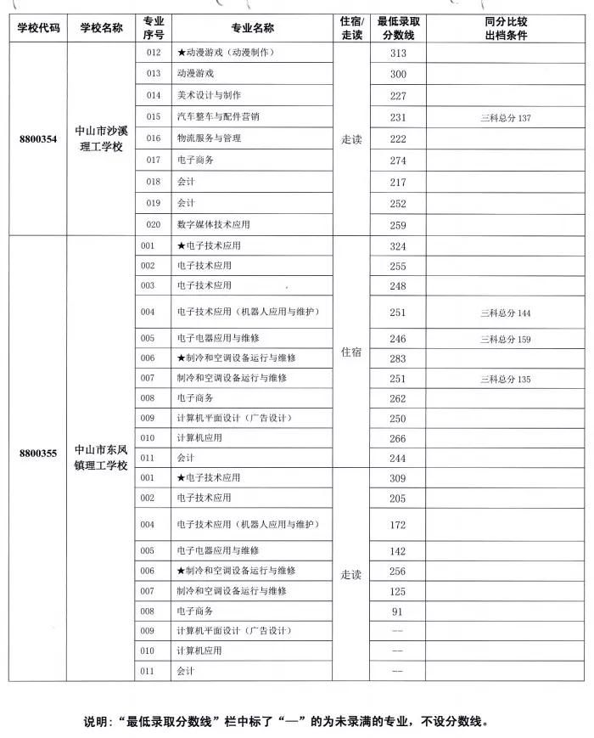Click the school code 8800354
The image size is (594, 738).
37,138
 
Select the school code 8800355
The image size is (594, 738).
37,453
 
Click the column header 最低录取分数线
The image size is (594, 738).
398,27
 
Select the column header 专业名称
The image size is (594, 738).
252,27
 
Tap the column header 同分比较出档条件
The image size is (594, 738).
505,27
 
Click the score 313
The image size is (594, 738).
398,53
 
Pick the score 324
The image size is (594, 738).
398,245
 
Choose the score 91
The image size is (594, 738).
398,611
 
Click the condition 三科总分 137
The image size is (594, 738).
505,117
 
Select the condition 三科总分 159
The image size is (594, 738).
505,340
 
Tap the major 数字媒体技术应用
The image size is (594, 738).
213,225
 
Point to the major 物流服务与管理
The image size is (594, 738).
209,138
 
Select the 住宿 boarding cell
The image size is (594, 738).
351,351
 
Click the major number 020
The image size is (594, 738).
153,225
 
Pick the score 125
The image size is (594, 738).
398,590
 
